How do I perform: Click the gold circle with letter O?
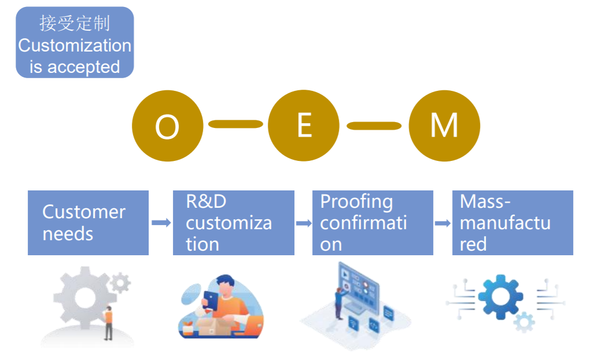click(167, 126)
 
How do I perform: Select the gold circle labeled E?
click(304, 126)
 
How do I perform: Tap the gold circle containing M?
click(444, 126)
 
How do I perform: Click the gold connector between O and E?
click(235, 124)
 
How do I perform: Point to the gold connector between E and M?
click(374, 126)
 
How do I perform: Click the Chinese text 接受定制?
click(75, 24)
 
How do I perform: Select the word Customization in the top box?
click(75, 46)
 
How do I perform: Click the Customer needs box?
click(88, 223)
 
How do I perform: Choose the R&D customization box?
click(233, 223)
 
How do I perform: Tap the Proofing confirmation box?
click(372, 223)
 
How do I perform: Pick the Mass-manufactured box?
click(512, 223)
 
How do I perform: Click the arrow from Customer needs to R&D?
click(161, 223)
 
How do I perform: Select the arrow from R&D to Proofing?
click(304, 223)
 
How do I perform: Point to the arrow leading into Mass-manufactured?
click(442, 223)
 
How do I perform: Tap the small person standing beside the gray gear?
click(108, 323)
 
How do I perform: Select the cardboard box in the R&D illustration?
click(216, 325)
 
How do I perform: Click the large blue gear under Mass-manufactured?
click(500, 297)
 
